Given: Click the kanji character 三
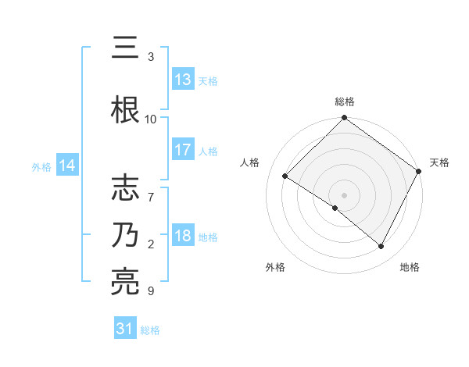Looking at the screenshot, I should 127,48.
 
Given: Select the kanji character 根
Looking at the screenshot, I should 127,110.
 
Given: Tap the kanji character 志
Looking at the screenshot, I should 127,187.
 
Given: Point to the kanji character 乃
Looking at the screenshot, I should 127,233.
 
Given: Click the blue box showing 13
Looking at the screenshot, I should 183,80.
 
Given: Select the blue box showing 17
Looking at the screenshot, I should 183,150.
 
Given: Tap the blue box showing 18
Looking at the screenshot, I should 183,237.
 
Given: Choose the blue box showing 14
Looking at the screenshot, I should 67,166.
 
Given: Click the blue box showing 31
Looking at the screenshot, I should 125,329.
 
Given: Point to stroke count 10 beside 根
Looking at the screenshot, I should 151,119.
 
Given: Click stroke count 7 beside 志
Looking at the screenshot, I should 151,189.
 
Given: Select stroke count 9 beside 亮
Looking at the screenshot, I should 151,291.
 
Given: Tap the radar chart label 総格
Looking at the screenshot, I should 345,102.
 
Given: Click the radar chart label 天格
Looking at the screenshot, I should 439,162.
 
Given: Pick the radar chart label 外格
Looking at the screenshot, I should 275,267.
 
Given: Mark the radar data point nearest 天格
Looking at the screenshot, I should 419,171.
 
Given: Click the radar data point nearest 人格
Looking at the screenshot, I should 285,176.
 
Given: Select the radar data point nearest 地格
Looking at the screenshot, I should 381,247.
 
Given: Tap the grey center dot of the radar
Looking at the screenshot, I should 344,194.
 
